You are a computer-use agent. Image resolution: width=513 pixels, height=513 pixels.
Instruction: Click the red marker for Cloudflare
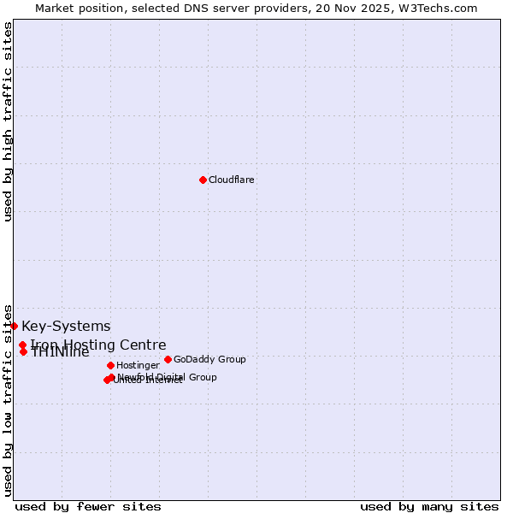pos(203,180)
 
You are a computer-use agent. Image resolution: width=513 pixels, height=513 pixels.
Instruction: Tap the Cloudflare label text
pos(231,180)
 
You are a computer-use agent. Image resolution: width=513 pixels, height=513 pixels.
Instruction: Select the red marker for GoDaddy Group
pos(168,359)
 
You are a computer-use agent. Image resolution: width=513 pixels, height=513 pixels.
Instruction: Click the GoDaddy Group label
pos(209,359)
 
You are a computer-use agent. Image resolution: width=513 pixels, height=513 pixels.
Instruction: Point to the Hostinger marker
pos(110,365)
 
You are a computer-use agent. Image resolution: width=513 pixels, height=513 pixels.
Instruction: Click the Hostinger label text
pos(138,365)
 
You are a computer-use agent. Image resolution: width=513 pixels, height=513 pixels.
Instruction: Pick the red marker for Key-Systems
pos(14,326)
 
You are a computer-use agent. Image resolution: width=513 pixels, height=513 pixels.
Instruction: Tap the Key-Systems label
pos(66,326)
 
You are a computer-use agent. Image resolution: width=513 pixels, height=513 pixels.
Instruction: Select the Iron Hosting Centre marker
pos(22,345)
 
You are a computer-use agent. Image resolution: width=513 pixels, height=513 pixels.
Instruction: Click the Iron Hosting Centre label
pos(98,345)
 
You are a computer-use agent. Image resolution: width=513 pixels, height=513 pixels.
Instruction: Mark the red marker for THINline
pos(23,351)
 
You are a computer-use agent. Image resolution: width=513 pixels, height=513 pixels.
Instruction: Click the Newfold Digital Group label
pos(168,377)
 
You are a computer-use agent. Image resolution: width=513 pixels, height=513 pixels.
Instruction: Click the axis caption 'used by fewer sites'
pos(76,506)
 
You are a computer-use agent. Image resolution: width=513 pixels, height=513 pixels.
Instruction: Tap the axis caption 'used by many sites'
pos(429,506)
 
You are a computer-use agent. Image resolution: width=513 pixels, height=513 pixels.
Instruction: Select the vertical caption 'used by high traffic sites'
pos(8,122)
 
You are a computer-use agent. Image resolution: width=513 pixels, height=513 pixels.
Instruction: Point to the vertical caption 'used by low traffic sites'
pos(8,400)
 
